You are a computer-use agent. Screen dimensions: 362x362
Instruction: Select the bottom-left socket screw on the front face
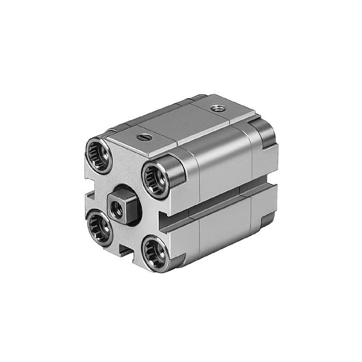99,226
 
